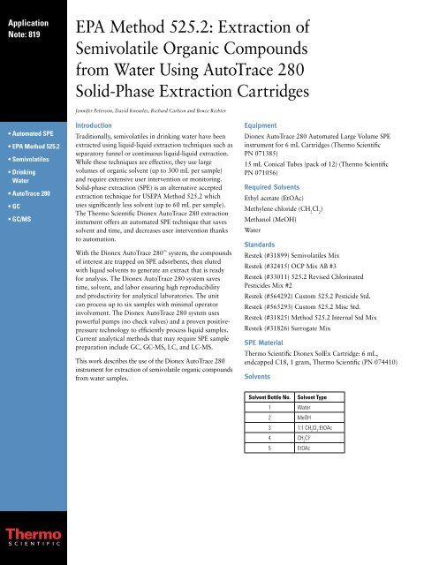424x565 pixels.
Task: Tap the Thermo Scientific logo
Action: point(33,535)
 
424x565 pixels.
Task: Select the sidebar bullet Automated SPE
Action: point(35,131)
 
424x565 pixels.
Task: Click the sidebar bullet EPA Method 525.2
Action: point(39,146)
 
